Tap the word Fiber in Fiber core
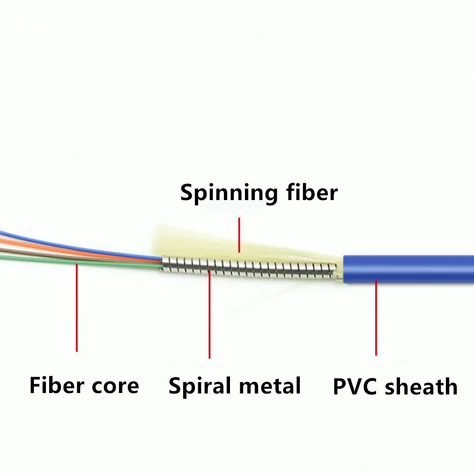52,385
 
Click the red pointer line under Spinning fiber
239,234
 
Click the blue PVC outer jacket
412,268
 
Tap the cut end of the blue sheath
345,269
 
